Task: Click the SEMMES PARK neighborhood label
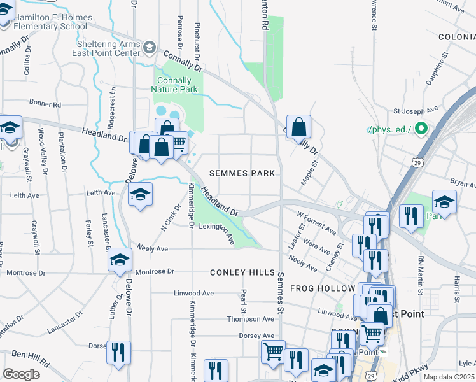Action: pos(242,173)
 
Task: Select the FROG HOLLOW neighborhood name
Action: pos(321,288)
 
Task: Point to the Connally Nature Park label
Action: pos(174,85)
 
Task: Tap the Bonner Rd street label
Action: pos(45,104)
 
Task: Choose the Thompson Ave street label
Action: pos(250,319)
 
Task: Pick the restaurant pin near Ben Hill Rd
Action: pos(118,352)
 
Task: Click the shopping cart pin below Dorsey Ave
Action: pos(273,351)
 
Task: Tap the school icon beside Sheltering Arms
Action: pos(150,48)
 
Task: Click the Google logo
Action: pos(21,374)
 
